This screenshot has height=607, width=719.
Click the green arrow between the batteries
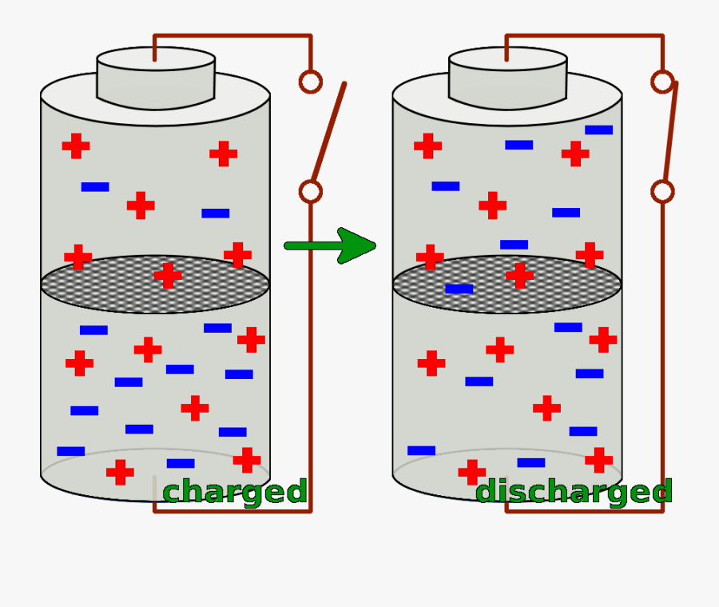332,246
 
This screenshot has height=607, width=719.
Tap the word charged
235,492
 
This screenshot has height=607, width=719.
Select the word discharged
574,492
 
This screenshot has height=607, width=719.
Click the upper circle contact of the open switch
310,82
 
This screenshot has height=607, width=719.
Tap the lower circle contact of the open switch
310,192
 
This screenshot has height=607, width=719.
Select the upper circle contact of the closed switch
662,82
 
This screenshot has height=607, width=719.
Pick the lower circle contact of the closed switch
662,192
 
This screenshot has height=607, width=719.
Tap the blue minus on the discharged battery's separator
459,289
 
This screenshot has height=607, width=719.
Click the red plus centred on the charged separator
168,276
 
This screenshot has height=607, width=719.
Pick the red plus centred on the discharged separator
519,276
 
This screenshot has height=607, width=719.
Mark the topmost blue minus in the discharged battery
598,130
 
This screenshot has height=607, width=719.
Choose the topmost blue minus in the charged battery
95,187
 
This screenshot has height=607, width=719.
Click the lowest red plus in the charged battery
120,472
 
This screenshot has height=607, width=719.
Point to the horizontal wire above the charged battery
232,36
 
